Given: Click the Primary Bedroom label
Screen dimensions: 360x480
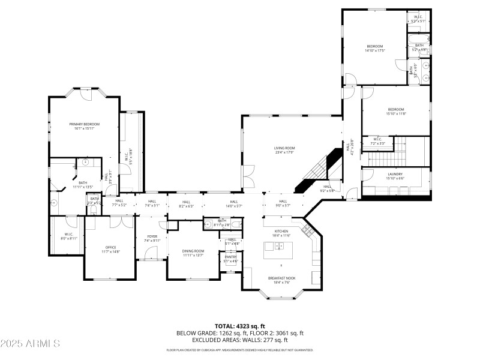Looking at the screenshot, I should point(83,124).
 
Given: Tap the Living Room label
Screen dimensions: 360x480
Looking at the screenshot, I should point(285,148).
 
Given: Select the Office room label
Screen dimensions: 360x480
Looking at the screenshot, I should point(110,247).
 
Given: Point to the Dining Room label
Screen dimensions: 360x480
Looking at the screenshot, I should point(193,251).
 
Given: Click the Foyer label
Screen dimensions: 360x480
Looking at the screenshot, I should point(152,236).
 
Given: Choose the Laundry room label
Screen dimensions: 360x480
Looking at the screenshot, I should point(395,174).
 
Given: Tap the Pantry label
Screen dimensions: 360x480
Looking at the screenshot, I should point(231,257).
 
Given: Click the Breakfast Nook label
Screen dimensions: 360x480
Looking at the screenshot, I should point(281,278).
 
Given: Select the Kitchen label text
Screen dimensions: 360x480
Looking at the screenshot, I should point(281,231).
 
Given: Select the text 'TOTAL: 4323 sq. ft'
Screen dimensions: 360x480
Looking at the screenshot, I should point(240,326).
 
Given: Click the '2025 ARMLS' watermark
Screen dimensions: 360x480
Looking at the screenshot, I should point(30,344).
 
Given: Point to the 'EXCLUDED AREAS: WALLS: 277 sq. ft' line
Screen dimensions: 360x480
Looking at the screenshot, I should point(240,340).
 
